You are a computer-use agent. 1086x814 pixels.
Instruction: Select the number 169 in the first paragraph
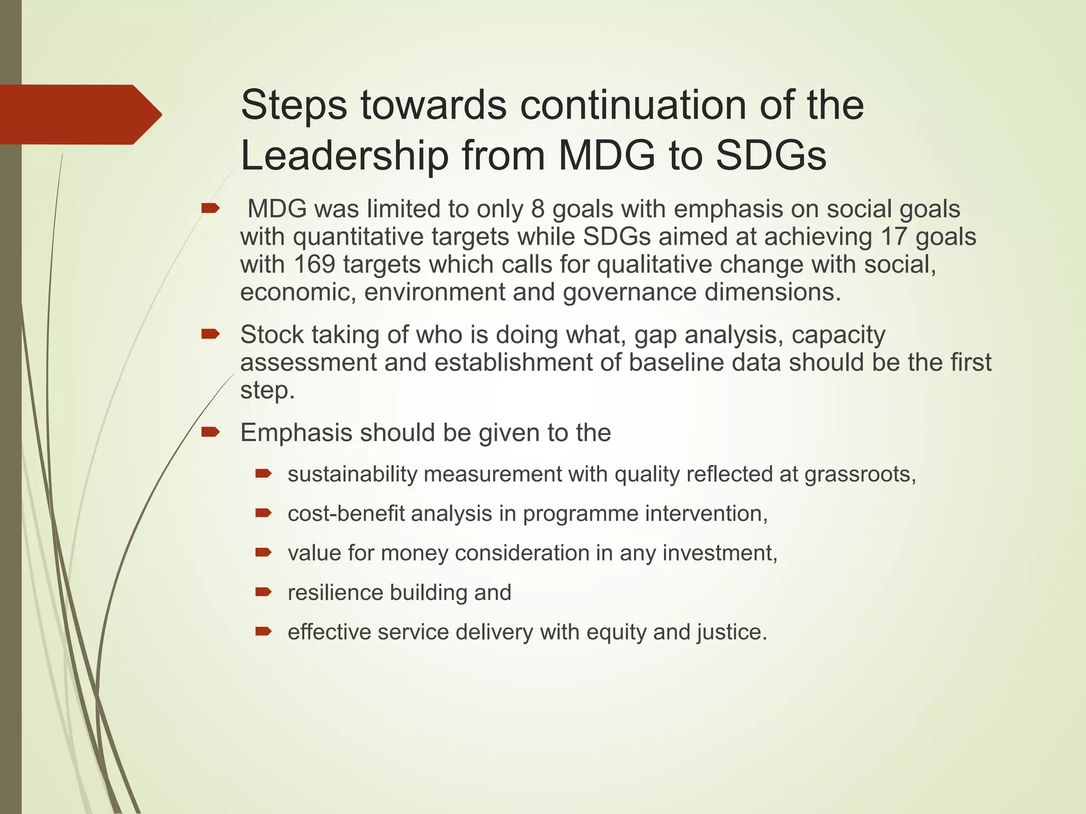(314, 264)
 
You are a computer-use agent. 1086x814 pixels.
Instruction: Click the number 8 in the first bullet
(538, 209)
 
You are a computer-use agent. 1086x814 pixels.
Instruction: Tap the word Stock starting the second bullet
(271, 335)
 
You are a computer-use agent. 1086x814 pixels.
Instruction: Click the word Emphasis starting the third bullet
(296, 432)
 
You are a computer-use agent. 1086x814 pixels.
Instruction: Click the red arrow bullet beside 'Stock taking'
(211, 334)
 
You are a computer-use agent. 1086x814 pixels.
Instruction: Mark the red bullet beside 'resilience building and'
(263, 592)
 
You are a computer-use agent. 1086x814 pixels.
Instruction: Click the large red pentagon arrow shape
(80, 114)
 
